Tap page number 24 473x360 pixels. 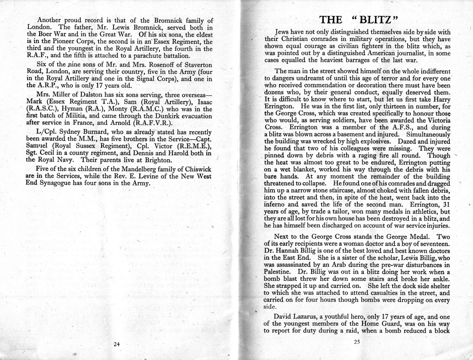[117, 344]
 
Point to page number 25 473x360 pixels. [356, 342]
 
